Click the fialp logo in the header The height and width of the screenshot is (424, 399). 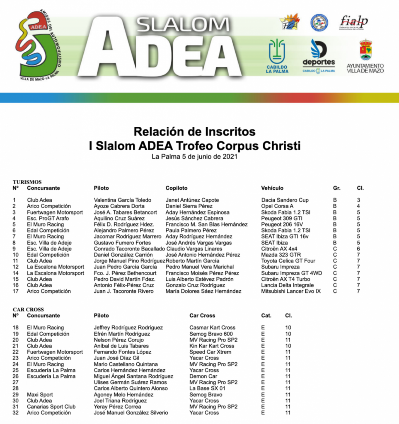point(353,22)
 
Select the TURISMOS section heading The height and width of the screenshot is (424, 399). point(27,182)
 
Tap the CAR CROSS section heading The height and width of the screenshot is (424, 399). point(28,309)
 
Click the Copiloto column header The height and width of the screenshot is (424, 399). point(177,188)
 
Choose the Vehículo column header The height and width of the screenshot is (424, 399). point(272,188)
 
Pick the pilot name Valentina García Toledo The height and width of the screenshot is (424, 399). point(123,200)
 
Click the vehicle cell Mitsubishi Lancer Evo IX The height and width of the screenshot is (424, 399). point(291,291)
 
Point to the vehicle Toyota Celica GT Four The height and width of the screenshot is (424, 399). point(288,261)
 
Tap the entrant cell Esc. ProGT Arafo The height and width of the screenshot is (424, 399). point(48,218)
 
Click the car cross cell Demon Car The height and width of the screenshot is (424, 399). point(203,376)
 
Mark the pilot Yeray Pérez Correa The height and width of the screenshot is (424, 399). point(117,407)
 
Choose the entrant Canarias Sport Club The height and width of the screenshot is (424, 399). point(51,407)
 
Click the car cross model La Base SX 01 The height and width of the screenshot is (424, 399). point(208,388)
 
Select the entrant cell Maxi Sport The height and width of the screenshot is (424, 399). point(40,395)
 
